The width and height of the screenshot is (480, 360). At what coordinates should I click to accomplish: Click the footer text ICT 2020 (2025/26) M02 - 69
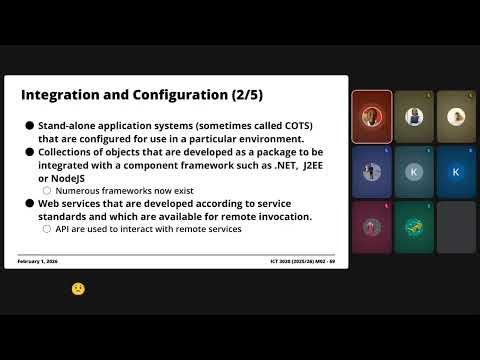tap(303, 261)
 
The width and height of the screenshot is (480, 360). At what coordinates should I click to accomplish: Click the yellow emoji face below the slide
tap(77, 288)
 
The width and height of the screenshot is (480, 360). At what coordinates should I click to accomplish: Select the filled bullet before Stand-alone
tap(30, 125)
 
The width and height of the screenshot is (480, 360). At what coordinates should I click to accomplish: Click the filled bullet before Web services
tap(30, 203)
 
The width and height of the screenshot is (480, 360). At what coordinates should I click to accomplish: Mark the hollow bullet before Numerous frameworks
tap(47, 190)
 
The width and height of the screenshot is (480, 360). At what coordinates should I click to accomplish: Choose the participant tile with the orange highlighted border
tap(371, 116)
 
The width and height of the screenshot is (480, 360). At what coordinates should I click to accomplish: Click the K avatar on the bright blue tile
tap(456, 172)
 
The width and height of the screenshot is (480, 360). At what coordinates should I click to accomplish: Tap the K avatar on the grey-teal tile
tap(413, 172)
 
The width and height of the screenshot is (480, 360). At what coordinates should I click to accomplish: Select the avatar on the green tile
tap(413, 226)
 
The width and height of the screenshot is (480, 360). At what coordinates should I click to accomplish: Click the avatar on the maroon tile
tap(371, 226)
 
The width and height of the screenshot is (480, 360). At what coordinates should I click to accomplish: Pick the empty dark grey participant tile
tap(456, 226)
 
